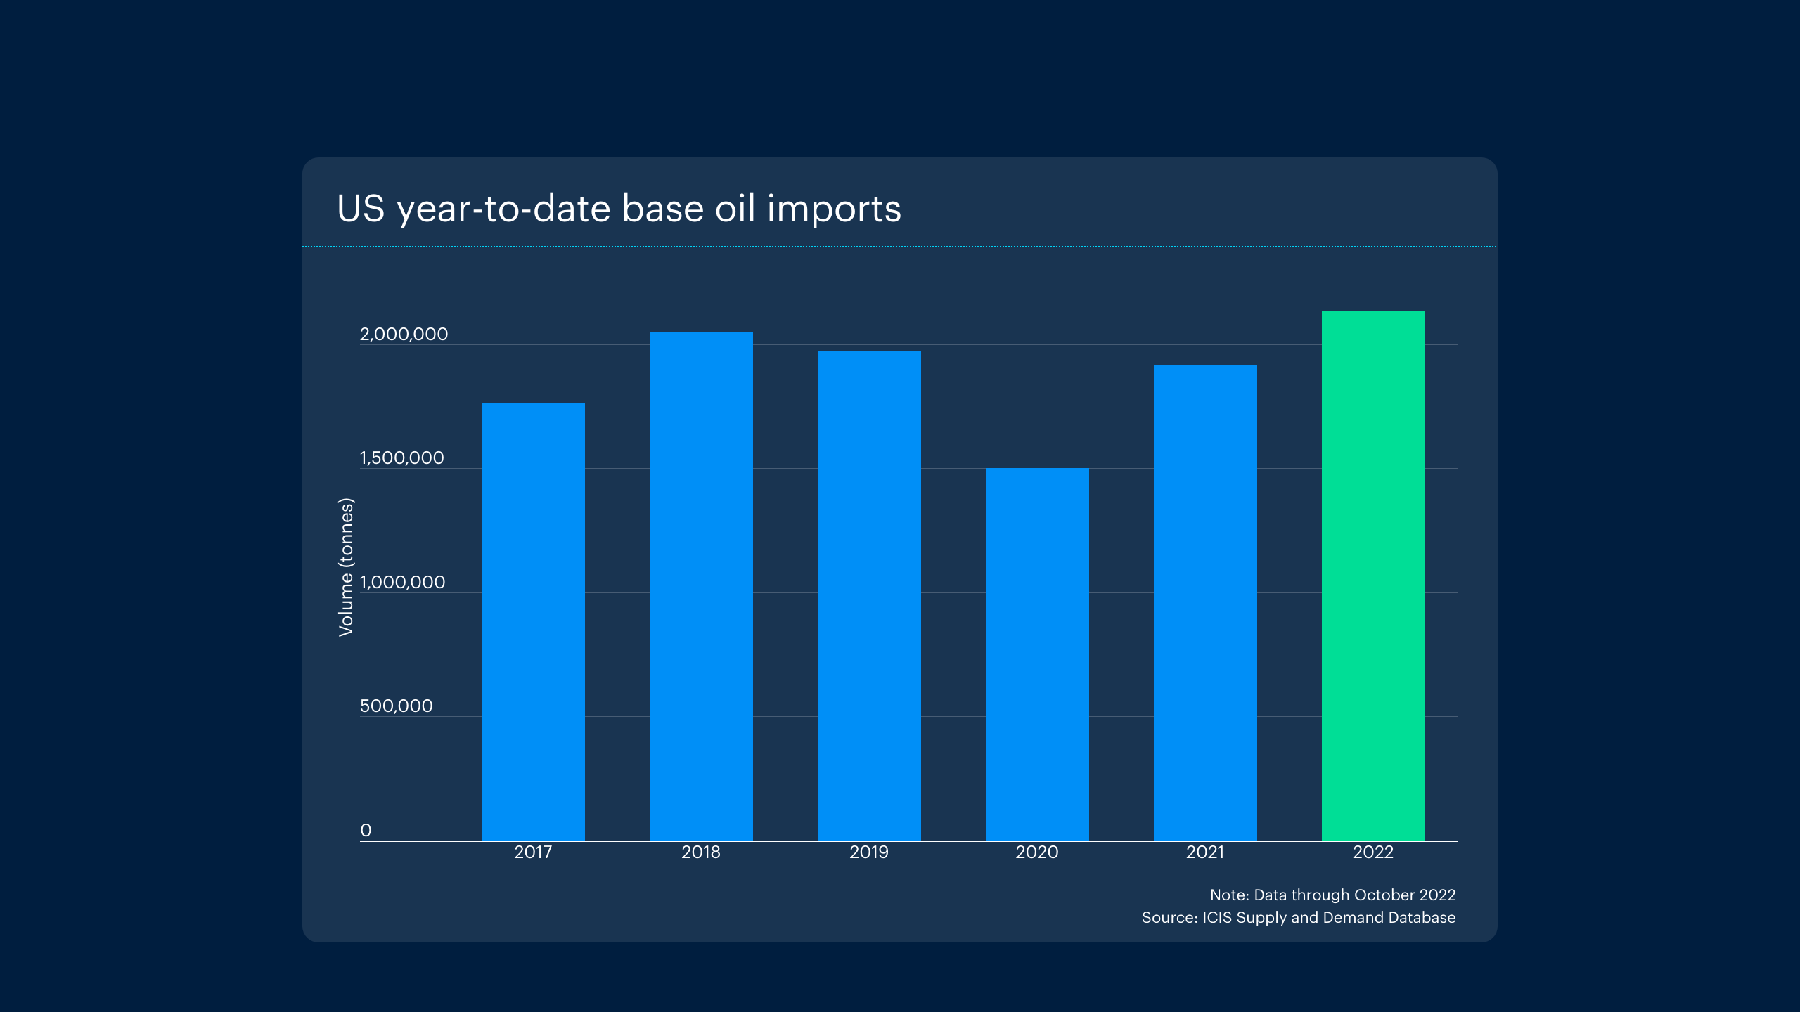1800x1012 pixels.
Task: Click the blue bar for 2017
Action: (x=533, y=622)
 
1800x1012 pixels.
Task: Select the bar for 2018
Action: (x=701, y=586)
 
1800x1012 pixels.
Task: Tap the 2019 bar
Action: (x=869, y=595)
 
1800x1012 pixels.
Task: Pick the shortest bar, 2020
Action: (x=1037, y=654)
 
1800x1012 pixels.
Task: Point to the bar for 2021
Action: (x=1205, y=602)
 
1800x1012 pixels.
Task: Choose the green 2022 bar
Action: (x=1373, y=576)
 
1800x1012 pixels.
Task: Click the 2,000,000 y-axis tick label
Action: (x=404, y=334)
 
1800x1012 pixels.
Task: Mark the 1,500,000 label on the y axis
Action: (x=401, y=458)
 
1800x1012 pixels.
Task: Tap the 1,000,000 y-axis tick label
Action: (x=402, y=582)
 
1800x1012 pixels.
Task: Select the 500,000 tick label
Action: (x=396, y=706)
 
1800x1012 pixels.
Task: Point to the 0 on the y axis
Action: (x=366, y=830)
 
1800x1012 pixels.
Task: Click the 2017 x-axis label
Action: (x=533, y=852)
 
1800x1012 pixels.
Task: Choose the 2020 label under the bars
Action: (x=1037, y=852)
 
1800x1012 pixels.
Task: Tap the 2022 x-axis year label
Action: (x=1373, y=852)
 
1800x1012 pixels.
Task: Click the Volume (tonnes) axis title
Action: (x=346, y=567)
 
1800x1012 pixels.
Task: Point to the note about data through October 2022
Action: (x=1332, y=895)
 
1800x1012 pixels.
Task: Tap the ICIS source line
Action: (x=1298, y=917)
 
